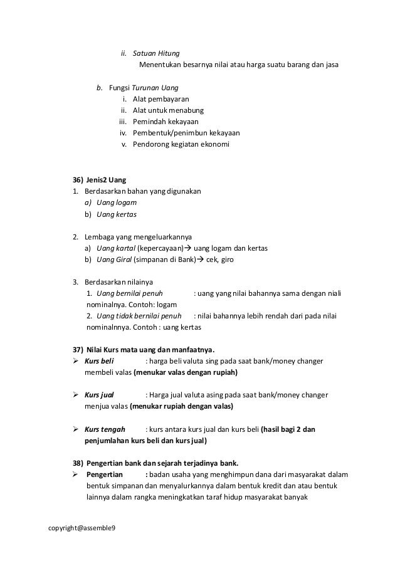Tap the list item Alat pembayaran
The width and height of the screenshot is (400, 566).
pyautogui.click(x=161, y=100)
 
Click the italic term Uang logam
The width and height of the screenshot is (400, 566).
pyautogui.click(x=117, y=202)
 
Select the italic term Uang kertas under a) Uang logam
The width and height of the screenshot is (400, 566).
pyautogui.click(x=117, y=214)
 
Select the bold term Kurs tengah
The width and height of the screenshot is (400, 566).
pyautogui.click(x=104, y=429)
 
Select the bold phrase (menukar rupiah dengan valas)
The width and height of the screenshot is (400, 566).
pyautogui.click(x=181, y=406)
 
